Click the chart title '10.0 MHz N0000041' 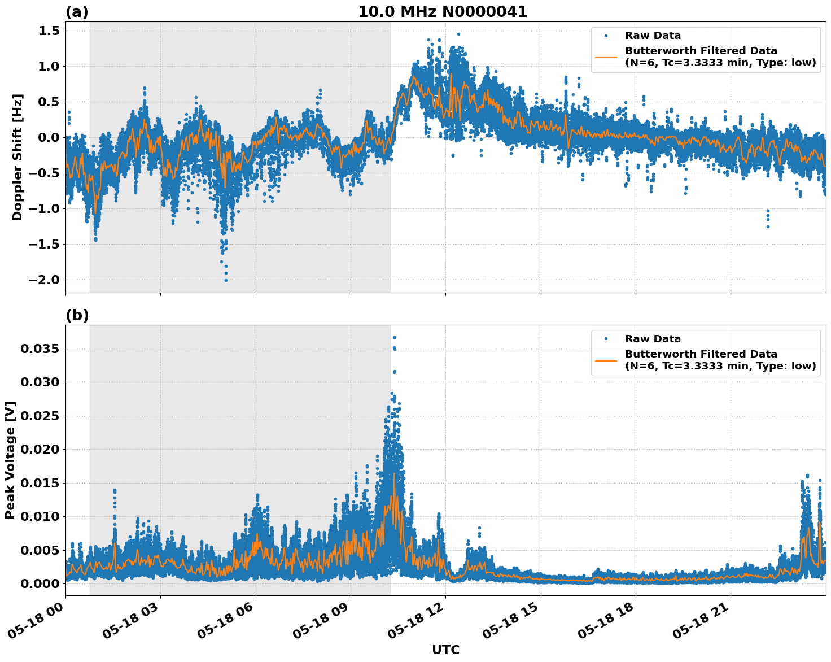pos(443,12)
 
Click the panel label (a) pos(77,12)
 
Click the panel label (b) pos(77,315)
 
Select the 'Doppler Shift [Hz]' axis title pos(18,157)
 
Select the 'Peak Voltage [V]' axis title pos(10,460)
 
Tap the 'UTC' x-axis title pos(445,650)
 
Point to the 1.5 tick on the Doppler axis pos(48,31)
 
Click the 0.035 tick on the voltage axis pos(39,349)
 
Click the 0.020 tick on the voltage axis pos(39,449)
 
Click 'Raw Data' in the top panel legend pos(653,36)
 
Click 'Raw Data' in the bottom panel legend pos(653,339)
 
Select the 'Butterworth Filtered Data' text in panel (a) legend pos(701,51)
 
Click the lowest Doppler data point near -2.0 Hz pos(226,280)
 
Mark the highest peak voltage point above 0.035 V pos(394,337)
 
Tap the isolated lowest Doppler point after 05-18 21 pos(768,227)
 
